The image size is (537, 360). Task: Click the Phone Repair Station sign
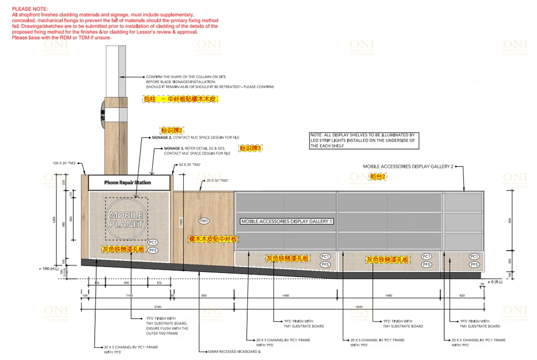[x=128, y=182]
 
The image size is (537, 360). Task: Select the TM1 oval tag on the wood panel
[x=204, y=221]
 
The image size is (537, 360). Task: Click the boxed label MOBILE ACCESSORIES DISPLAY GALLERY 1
[x=287, y=222]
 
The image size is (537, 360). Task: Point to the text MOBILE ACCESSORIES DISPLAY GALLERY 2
[x=408, y=166]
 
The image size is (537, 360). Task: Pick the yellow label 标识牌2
[x=172, y=130]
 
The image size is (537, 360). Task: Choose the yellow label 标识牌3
[x=250, y=148]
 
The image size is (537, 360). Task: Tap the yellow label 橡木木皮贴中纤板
[x=213, y=239]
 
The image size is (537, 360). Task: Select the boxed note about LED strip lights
[x=362, y=141]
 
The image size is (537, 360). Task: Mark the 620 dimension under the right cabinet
[x=462, y=296]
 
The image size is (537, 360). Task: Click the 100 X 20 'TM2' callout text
[x=64, y=163]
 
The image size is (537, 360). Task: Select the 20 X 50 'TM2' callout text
[x=218, y=181]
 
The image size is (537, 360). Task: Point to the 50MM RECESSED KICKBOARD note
[x=234, y=351]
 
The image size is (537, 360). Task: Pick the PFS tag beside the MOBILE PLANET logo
[x=153, y=250]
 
